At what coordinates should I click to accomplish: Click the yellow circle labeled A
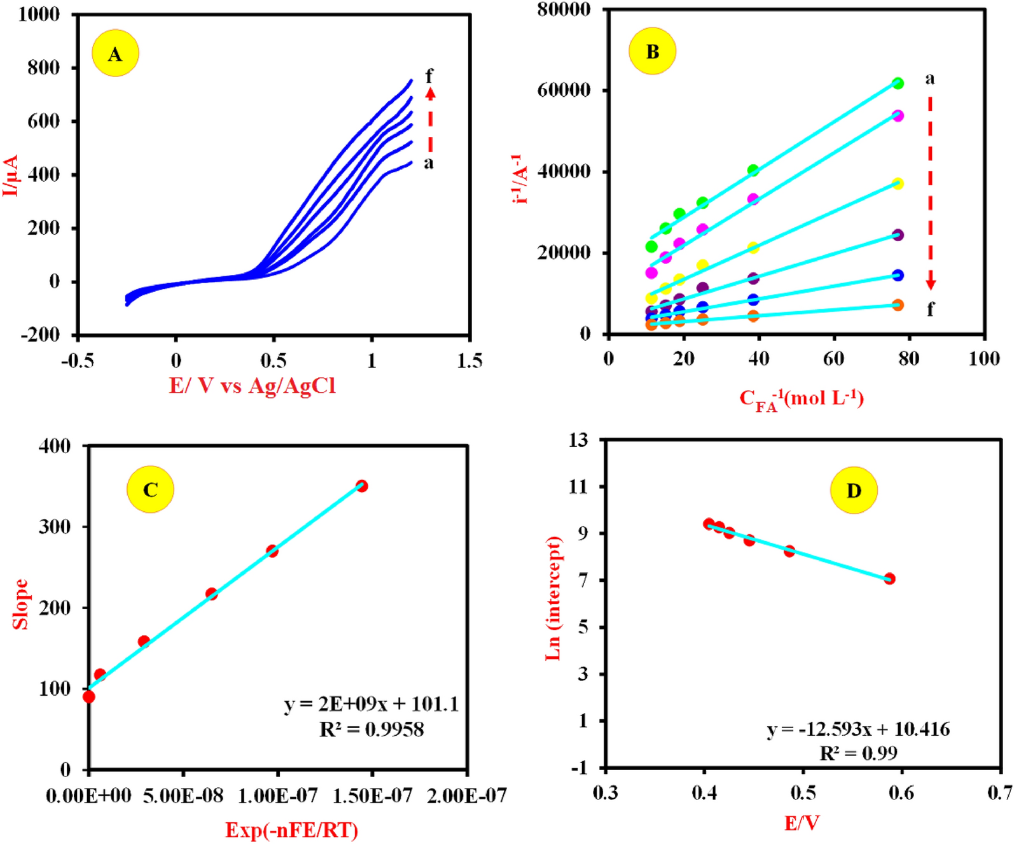(115, 53)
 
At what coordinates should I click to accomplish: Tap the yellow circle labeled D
(854, 491)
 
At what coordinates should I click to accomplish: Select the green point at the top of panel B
(898, 83)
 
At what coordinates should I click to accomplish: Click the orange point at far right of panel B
(898, 305)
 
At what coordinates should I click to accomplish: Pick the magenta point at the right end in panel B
(898, 116)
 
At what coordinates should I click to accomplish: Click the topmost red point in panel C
(362, 486)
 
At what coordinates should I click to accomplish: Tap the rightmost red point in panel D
(889, 579)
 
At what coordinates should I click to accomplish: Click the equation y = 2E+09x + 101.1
(371, 704)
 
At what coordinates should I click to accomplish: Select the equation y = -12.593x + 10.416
(858, 729)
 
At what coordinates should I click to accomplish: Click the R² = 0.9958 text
(371, 729)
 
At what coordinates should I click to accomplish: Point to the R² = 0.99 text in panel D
(858, 754)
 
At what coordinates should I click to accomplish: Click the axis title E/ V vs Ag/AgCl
(252, 386)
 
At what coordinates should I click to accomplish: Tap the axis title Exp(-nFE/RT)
(291, 830)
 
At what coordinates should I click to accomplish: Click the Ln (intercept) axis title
(553, 598)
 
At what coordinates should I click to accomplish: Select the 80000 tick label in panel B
(564, 10)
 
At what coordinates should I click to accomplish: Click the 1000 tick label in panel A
(39, 14)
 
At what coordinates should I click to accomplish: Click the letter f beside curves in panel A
(429, 76)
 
